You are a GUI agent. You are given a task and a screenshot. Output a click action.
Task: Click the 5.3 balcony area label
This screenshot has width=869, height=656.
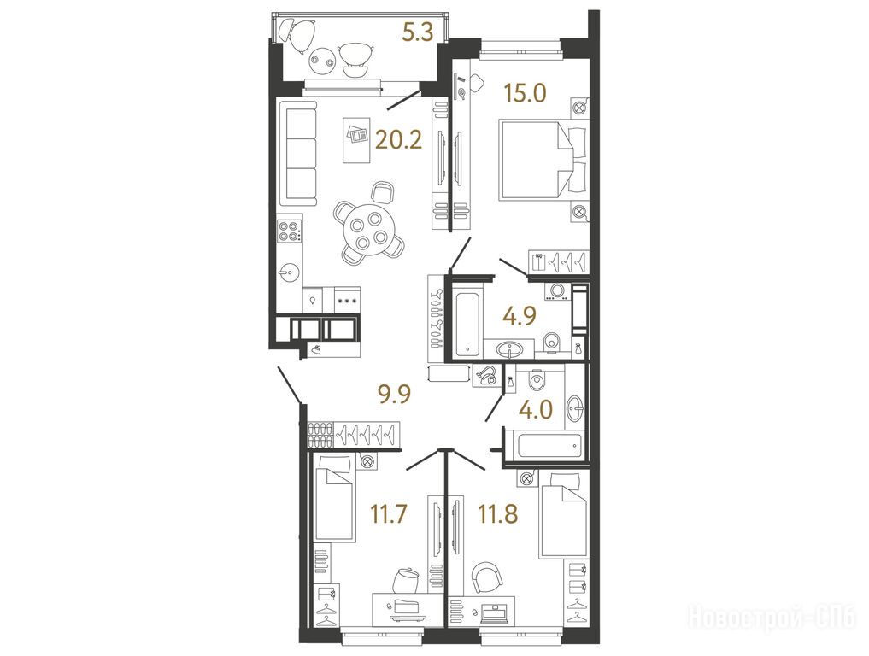point(417,33)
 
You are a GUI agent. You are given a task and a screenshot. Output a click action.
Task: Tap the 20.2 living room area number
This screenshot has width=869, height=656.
point(398,140)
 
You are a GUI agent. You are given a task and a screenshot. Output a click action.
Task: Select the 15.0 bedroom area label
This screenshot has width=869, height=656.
point(525,93)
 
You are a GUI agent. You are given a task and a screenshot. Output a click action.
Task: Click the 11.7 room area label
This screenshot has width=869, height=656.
point(389,513)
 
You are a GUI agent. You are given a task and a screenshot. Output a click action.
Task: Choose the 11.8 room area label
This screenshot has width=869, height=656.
point(498,513)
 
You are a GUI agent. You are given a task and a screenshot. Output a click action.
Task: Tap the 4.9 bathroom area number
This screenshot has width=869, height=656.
point(520,317)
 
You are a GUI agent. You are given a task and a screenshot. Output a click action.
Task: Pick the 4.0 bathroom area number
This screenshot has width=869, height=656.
point(536,410)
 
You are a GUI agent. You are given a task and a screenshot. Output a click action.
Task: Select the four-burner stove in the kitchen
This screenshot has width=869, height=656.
point(290,231)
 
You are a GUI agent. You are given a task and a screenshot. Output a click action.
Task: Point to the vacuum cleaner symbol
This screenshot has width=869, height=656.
point(485,376)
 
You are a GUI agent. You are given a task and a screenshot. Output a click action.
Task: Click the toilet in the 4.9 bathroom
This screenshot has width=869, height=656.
point(551,343)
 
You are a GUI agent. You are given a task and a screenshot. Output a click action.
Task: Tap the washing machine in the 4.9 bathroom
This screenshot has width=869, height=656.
point(558,292)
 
